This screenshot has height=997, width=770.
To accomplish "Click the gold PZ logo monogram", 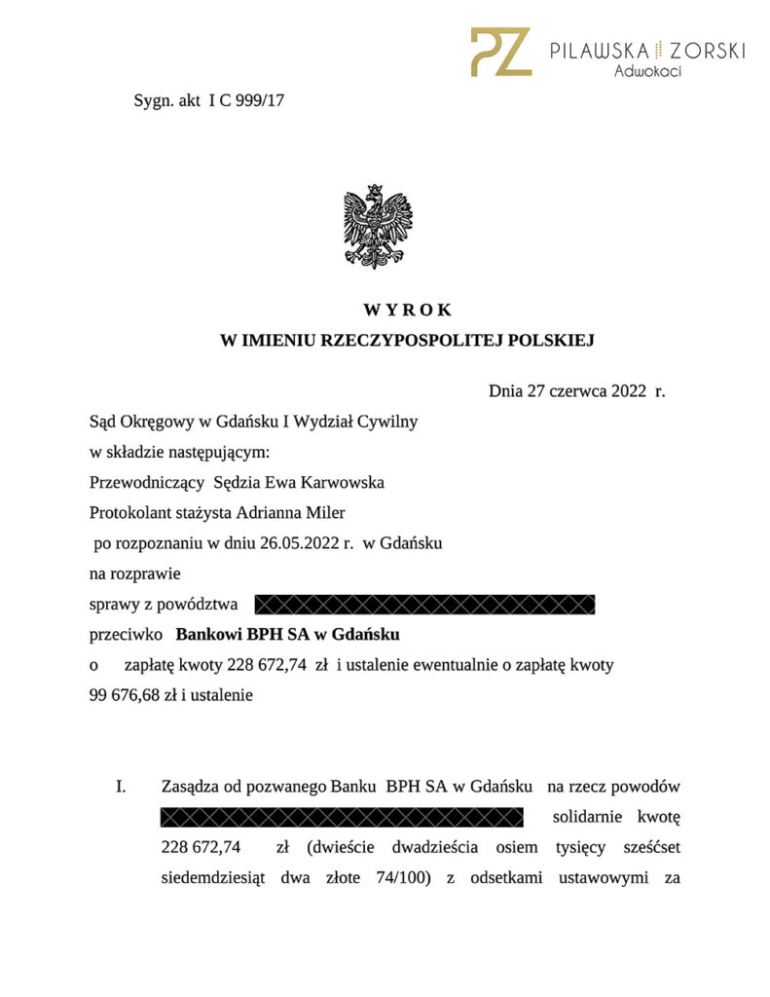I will [500, 52].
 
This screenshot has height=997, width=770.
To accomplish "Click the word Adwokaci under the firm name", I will [647, 71].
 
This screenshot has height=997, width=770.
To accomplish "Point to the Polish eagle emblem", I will [378, 226].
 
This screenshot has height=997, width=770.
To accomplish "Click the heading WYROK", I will [408, 311].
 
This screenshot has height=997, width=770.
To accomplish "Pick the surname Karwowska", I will [345, 482].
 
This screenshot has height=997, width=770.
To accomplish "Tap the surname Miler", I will [323, 512].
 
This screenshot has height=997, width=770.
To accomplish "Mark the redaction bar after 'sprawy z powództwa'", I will [424, 605].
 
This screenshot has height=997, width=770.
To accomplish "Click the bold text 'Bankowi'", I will [208, 635].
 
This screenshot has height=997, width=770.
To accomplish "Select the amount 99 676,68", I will [121, 695].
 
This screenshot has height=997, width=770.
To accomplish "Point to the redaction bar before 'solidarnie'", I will [342, 816].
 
